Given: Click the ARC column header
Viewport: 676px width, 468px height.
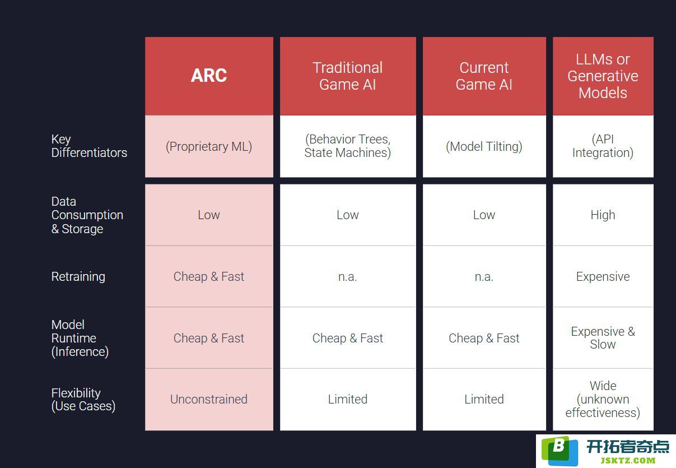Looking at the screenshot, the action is [209, 75].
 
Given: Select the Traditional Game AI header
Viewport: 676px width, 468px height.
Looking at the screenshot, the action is [348, 76].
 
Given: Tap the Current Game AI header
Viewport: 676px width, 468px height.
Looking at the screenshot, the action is [484, 76].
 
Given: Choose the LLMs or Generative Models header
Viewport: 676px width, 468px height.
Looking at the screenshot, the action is [603, 76].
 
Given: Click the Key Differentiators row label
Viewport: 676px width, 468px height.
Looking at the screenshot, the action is [89, 146].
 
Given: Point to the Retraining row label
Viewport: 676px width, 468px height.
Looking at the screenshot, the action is [78, 276].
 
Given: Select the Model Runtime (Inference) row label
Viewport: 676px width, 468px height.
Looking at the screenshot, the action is [80, 338].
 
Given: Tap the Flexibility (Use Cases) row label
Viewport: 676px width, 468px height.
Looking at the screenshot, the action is [83, 400].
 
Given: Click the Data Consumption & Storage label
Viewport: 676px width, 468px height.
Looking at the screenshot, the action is [87, 215].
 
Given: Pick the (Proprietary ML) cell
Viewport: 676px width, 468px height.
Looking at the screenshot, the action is [209, 146].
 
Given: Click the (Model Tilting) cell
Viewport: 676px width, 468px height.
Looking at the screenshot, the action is [484, 146].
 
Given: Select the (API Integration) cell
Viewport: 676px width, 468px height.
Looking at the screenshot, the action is [603, 146].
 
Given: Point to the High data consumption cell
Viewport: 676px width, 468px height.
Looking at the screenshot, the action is [603, 215].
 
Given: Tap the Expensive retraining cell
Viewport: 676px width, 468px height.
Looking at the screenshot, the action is [603, 276].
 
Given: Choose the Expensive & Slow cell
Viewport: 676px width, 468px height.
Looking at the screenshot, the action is [603, 338].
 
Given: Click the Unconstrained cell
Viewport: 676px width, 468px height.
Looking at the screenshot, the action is [209, 399].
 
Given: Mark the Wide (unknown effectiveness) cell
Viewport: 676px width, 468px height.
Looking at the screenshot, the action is [603, 399].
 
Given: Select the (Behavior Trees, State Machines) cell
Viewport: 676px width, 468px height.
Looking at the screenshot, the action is [348, 146].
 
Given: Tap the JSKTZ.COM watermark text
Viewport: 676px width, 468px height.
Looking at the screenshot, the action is [628, 461].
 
